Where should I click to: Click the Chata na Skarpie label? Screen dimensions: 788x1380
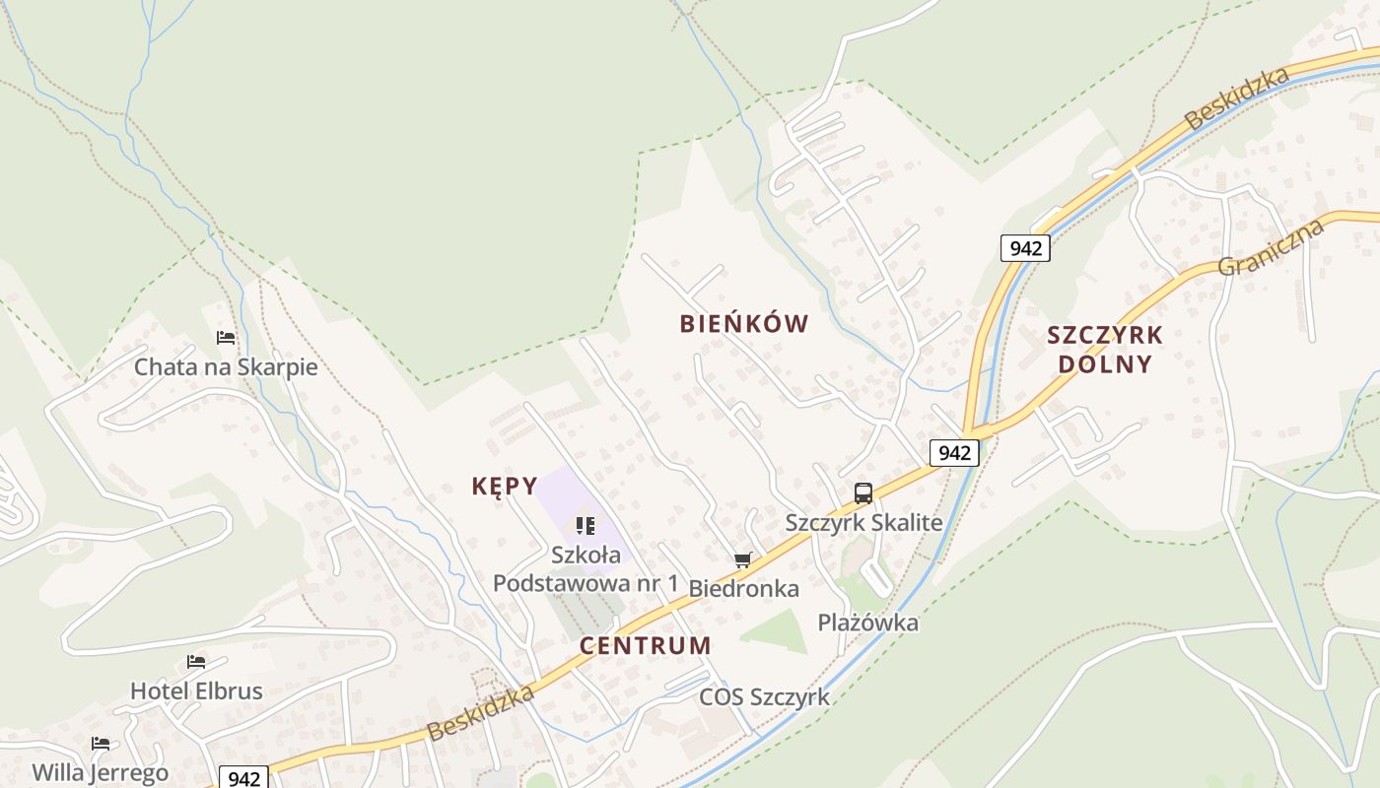(x=226, y=367)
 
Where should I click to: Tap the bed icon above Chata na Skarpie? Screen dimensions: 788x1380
(x=226, y=338)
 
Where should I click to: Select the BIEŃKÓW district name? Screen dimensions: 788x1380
(x=744, y=324)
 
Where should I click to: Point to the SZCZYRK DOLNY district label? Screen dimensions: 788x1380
(x=1105, y=350)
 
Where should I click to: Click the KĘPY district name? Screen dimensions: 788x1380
(x=505, y=486)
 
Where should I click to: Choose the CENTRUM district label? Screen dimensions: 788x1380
(x=646, y=646)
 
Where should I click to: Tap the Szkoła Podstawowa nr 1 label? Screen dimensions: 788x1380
(x=586, y=569)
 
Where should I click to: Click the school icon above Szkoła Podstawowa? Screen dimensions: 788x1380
(x=586, y=526)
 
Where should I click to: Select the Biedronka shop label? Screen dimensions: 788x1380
(x=743, y=589)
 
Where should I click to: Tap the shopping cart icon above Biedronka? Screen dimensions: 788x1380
(x=743, y=560)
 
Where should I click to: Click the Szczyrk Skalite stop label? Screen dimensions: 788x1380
(x=863, y=523)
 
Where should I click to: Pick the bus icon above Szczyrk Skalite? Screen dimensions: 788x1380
(x=863, y=492)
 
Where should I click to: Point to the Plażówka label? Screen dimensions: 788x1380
(x=868, y=623)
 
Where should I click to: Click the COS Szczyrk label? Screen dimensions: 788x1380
(x=764, y=697)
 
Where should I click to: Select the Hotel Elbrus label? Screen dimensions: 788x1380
(x=196, y=691)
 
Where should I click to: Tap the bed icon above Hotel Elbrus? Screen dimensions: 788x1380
(x=196, y=661)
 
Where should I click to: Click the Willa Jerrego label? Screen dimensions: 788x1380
(x=100, y=772)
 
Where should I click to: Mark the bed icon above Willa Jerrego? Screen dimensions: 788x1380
(x=100, y=743)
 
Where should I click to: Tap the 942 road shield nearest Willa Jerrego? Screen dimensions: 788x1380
(x=242, y=778)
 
